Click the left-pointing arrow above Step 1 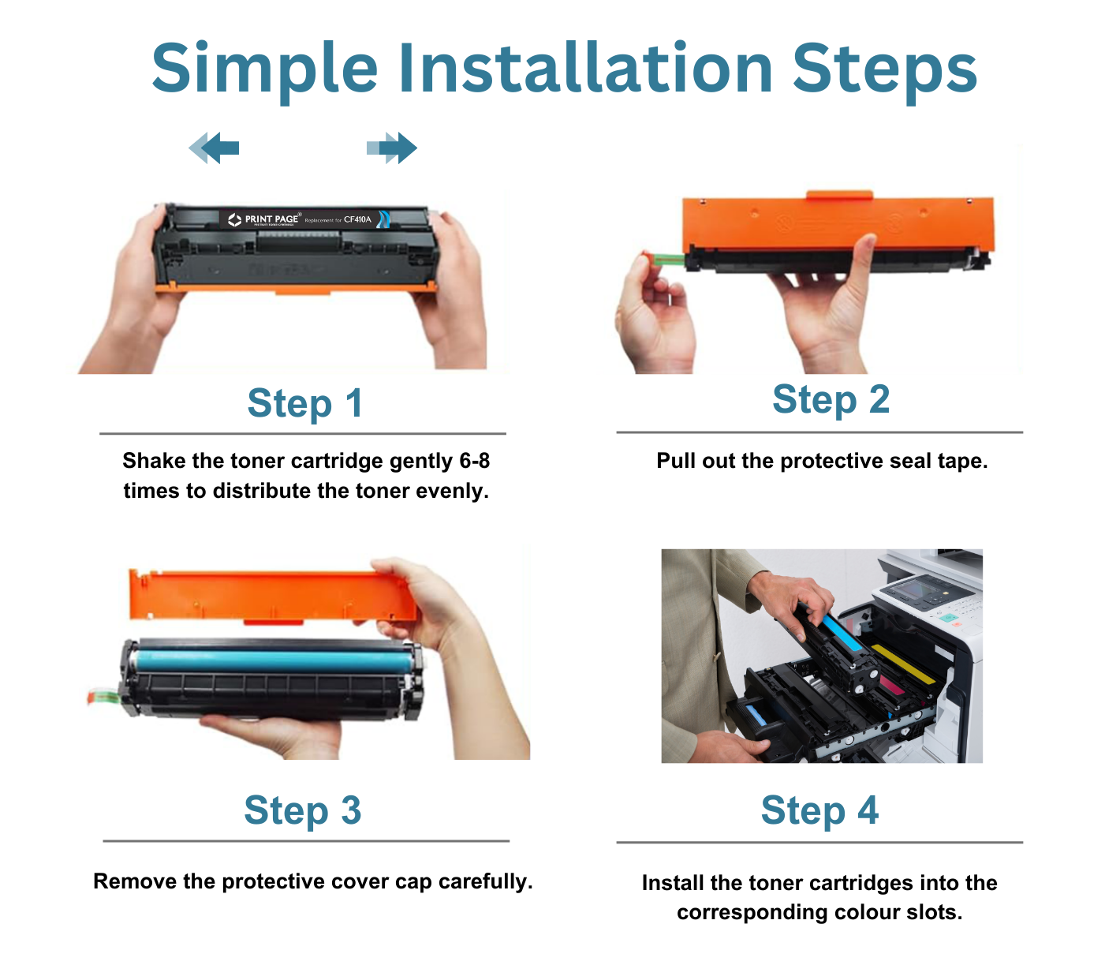click(x=215, y=148)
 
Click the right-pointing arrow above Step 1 click(x=392, y=148)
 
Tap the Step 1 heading click(x=304, y=403)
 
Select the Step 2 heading click(x=831, y=399)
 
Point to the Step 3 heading click(x=302, y=810)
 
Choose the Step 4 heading click(x=819, y=810)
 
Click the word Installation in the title click(x=585, y=69)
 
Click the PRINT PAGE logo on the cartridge click(x=263, y=219)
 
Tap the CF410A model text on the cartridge click(x=357, y=219)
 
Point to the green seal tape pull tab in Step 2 click(x=664, y=259)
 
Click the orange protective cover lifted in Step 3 click(x=272, y=595)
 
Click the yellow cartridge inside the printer click(x=903, y=663)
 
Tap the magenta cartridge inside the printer click(x=891, y=684)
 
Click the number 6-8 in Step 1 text click(x=473, y=461)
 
